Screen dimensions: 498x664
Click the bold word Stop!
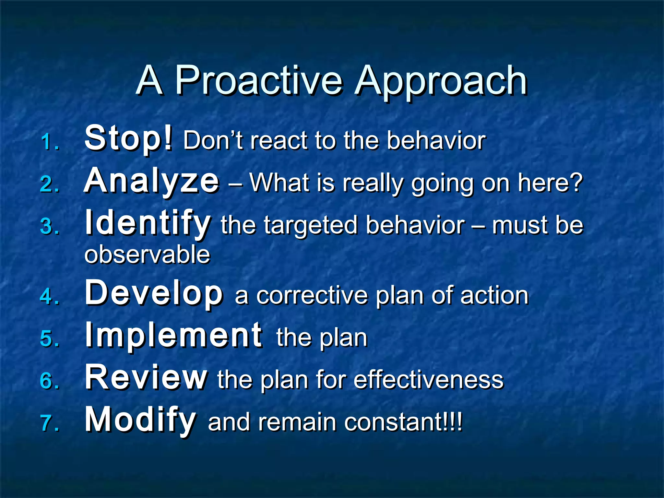(128, 139)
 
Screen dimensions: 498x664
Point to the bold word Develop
(154, 294)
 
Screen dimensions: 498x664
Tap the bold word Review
(146, 377)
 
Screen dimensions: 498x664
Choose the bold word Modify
(140, 420)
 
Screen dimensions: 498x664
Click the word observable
(147, 255)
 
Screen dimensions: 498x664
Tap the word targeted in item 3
(311, 225)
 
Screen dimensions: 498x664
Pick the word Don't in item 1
(213, 141)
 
